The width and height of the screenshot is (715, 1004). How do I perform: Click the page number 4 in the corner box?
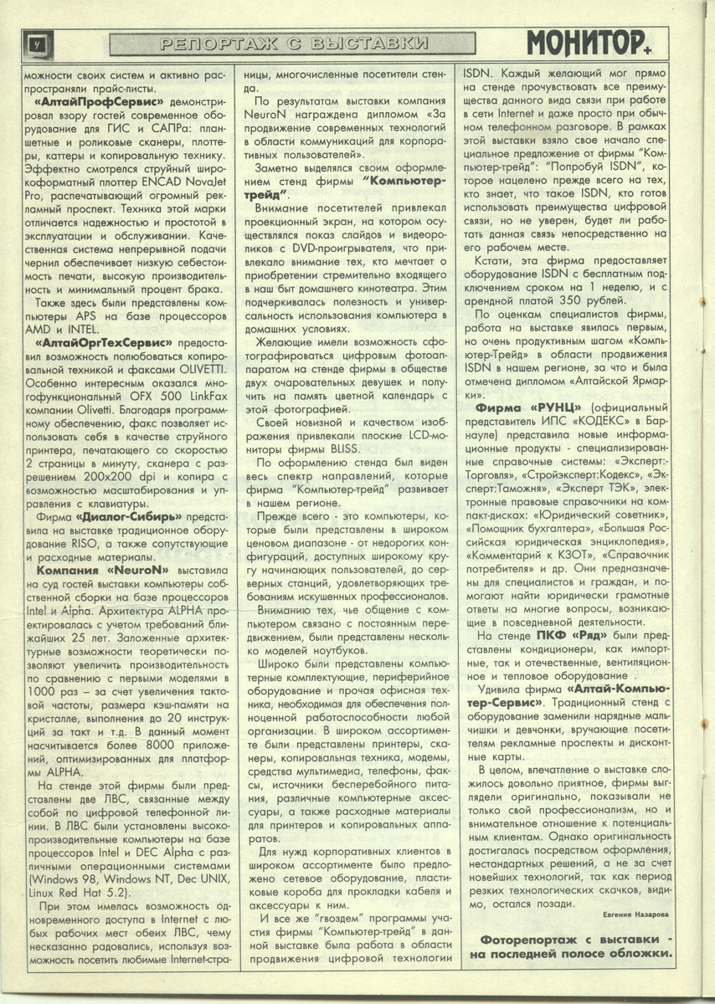click(x=36, y=42)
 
